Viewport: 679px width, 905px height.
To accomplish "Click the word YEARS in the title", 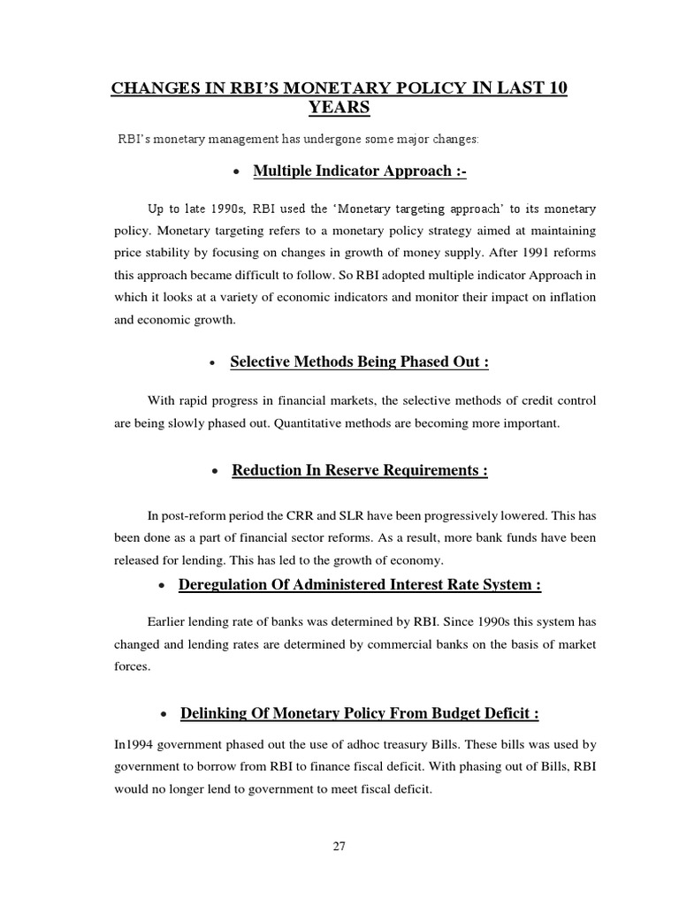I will coord(339,108).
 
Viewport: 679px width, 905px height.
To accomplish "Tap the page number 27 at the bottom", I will coord(339,846).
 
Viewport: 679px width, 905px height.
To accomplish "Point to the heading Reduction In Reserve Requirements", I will coord(360,470).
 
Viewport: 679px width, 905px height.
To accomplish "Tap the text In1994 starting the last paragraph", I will coord(134,744).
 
